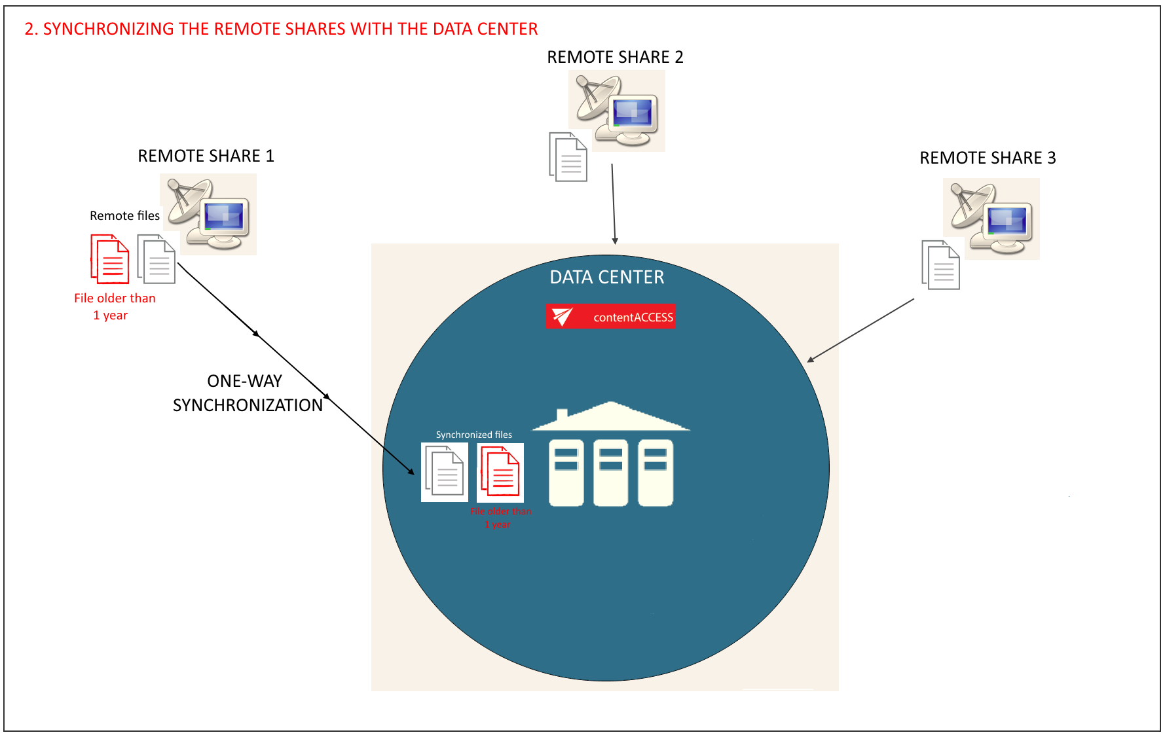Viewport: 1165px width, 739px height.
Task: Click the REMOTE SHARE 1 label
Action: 206,156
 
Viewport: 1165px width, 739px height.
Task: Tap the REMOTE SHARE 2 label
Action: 615,57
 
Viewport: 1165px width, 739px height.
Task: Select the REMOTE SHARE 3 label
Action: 988,158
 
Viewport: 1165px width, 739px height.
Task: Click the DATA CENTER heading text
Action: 607,278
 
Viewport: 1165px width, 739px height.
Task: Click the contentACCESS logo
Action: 610,317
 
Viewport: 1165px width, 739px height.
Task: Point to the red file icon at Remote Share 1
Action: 110,259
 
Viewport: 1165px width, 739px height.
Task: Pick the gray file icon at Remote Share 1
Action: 157,259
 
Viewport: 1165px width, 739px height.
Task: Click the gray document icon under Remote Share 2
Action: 568,157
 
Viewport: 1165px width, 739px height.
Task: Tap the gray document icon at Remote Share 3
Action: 940,265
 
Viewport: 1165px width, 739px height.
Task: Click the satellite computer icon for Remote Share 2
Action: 618,111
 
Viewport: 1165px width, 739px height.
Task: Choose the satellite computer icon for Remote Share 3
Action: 992,219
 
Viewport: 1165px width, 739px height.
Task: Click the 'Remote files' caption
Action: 124,216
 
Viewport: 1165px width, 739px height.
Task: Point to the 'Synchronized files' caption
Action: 474,435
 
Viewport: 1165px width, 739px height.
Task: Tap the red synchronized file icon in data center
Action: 500,472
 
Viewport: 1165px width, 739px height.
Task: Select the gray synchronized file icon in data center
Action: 445,472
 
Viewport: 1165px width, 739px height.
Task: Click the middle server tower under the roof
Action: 610,473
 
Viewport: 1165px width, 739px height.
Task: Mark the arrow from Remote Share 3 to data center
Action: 860,330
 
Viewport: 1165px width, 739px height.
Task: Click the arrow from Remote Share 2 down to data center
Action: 614,204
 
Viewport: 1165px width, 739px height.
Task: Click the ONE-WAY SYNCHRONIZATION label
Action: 247,393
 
